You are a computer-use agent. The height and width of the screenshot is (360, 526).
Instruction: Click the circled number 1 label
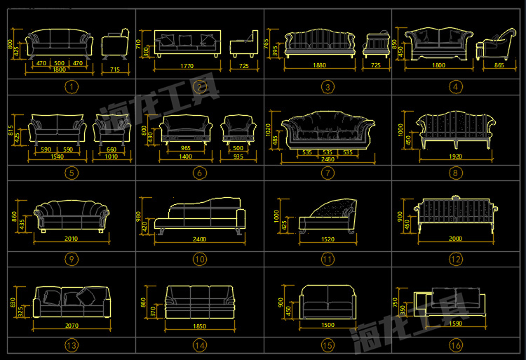[x=70, y=87]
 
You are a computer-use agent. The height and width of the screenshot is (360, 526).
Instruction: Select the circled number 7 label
[x=328, y=173]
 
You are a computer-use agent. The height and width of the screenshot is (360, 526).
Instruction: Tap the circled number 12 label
[x=457, y=259]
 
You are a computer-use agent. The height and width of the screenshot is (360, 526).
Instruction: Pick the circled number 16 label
[x=457, y=345]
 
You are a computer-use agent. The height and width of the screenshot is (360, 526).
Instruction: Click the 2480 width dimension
[x=326, y=160]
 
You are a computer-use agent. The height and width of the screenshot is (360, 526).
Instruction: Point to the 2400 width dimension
[x=199, y=239]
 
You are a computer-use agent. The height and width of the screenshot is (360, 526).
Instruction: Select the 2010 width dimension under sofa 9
[x=71, y=239]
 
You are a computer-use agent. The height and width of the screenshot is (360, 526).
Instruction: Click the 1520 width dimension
[x=327, y=239]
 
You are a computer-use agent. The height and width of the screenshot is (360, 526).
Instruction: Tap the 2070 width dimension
[x=71, y=326]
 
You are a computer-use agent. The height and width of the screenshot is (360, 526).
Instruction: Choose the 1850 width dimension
[x=199, y=326]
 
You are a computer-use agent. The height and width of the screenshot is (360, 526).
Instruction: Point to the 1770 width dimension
[x=187, y=66]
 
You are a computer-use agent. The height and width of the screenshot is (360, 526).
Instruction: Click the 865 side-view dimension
[x=499, y=65]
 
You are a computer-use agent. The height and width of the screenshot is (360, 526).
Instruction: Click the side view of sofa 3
[x=376, y=44]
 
